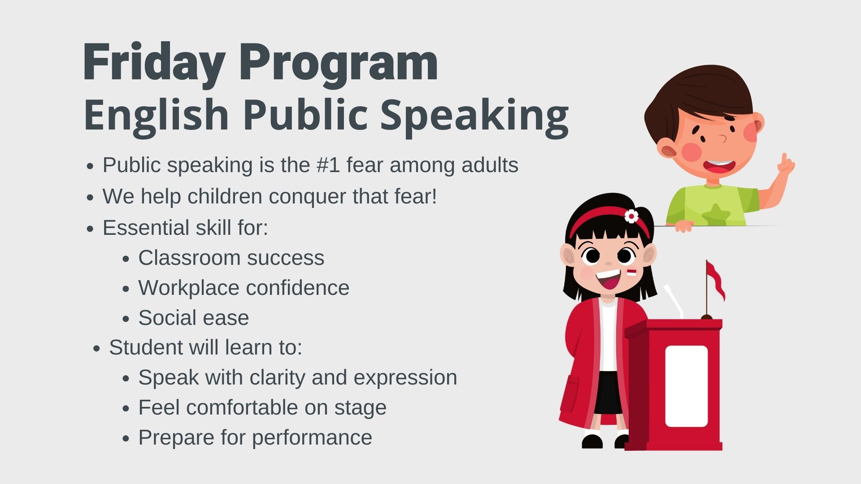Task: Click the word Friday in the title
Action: [x=154, y=63]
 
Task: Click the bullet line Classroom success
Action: [x=231, y=258]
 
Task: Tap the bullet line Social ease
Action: [x=193, y=318]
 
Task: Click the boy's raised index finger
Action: [x=784, y=160]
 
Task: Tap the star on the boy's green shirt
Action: [x=714, y=214]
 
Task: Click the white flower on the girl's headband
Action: [x=631, y=216]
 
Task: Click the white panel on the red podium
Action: [x=686, y=386]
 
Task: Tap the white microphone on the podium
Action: [x=674, y=301]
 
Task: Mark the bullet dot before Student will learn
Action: [x=97, y=349]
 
